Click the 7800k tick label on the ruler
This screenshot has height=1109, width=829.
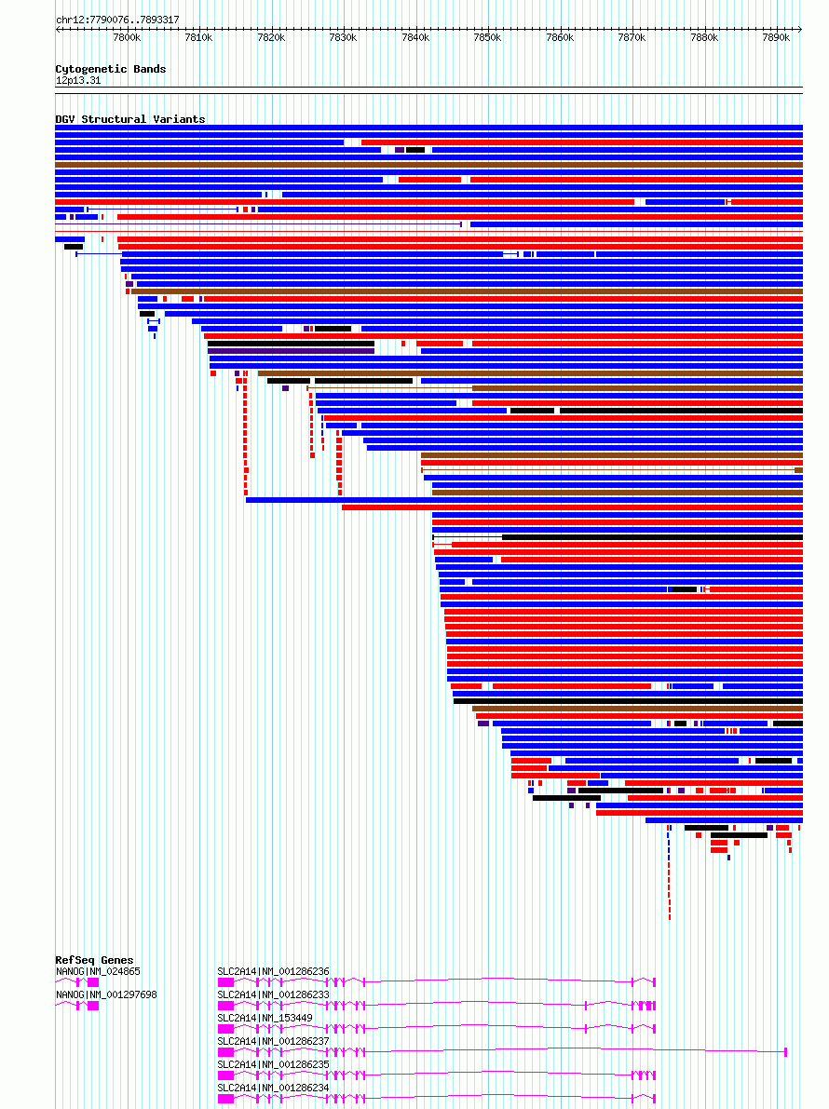[x=126, y=37]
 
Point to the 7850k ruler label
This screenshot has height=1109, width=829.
[x=487, y=37]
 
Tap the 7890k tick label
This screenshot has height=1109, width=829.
[x=776, y=37]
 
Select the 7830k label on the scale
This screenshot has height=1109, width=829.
[x=343, y=37]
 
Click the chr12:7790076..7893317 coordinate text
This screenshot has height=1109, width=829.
[x=117, y=20]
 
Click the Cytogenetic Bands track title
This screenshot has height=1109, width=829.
[x=110, y=69]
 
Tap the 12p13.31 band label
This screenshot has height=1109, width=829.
[x=78, y=80]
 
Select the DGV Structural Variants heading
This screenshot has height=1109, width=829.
[x=129, y=119]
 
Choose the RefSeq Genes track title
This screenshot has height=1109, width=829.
[x=94, y=960]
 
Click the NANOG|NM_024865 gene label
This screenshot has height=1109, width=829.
[x=98, y=971]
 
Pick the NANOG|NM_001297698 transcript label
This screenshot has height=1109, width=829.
[x=106, y=994]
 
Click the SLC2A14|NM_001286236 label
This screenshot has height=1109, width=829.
[x=273, y=971]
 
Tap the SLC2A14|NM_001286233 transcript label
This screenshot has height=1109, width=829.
[x=273, y=994]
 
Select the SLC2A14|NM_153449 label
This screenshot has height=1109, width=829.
[x=265, y=1018]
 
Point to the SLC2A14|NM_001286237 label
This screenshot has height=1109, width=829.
[x=273, y=1041]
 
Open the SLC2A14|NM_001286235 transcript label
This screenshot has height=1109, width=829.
[x=273, y=1063]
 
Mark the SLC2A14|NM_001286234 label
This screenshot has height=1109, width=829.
[x=273, y=1087]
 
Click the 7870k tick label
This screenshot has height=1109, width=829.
[x=632, y=37]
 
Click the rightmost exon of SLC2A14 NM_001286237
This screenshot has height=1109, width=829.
[x=786, y=1051]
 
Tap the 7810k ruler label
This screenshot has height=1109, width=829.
[x=198, y=37]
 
